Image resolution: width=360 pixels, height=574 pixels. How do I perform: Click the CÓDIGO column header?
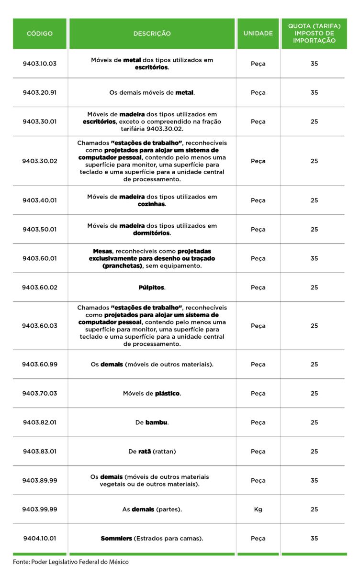click(x=40, y=34)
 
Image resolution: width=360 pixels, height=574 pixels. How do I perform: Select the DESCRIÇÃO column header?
click(x=152, y=34)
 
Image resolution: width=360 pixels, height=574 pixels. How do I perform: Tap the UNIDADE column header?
click(x=258, y=34)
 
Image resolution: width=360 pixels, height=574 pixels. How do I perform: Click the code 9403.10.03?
click(x=40, y=64)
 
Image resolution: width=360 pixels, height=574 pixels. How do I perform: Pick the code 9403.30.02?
click(x=40, y=161)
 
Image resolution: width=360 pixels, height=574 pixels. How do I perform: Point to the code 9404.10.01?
click(x=40, y=539)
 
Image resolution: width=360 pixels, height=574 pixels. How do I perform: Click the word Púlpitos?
click(x=151, y=287)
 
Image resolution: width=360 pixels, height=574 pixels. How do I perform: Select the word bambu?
click(x=157, y=422)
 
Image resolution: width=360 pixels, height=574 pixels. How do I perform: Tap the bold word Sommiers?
click(x=116, y=539)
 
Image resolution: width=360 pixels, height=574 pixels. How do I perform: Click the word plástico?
click(x=167, y=394)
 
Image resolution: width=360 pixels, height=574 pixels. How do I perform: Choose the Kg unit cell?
click(x=258, y=509)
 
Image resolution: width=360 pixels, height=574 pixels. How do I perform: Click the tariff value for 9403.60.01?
click(x=314, y=258)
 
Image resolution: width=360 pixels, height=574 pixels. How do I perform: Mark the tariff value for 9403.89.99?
click(x=314, y=480)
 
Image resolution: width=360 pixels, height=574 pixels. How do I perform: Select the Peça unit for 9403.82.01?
click(x=258, y=422)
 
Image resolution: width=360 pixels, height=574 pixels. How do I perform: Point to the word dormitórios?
click(x=151, y=233)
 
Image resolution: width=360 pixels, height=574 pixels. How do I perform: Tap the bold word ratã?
click(x=145, y=452)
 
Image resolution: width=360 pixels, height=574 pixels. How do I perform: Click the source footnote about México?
click(x=71, y=562)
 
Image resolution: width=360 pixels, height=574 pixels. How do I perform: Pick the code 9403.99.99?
click(x=40, y=509)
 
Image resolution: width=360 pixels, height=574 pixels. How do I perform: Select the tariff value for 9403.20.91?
click(x=314, y=92)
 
